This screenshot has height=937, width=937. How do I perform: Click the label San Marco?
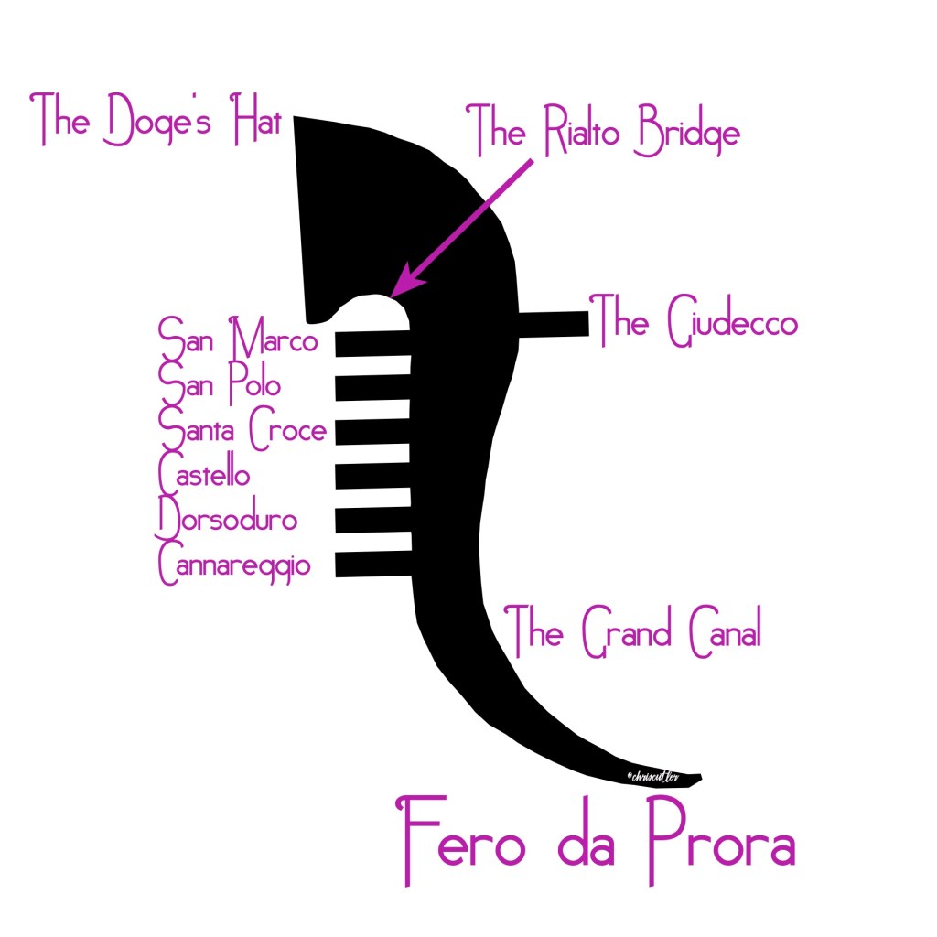pos(239,338)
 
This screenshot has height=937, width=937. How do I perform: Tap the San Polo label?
pos(220,382)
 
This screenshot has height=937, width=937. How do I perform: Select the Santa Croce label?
pos(242,426)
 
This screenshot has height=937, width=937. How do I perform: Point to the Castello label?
pos(204,473)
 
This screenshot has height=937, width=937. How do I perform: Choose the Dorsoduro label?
pos(228,518)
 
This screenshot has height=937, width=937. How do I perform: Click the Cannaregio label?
pos(234,564)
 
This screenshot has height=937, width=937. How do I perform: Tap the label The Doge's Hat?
pos(157,122)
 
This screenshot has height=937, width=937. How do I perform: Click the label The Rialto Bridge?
pos(603,134)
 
